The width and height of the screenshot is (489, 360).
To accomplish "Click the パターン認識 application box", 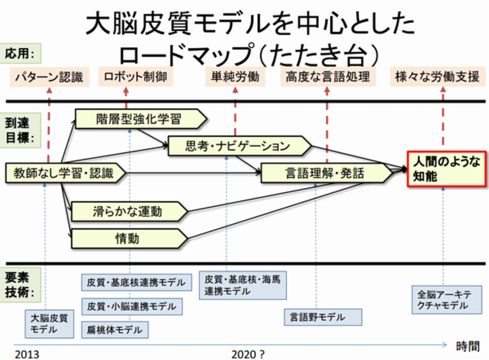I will tap(49, 77).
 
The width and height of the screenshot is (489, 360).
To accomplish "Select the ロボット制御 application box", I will tap(135, 77).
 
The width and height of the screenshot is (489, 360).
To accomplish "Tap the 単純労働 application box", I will tap(235, 77).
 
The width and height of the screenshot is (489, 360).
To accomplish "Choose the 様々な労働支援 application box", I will tap(437, 77).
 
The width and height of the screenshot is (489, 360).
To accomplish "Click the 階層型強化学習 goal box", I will tap(139, 119).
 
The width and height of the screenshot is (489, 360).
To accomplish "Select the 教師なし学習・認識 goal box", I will tap(64, 173).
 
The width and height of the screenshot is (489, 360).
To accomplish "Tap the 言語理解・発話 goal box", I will tap(325, 173).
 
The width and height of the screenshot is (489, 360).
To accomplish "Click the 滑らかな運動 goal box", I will tap(128, 212).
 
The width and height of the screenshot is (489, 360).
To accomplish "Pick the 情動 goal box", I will tap(128, 239).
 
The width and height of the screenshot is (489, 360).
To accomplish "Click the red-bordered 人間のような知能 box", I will tap(446, 169).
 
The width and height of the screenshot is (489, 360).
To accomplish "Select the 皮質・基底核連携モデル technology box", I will tap(136, 282).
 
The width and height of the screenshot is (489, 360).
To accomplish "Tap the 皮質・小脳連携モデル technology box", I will tap(132, 307).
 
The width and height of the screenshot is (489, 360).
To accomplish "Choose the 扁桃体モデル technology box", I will tap(115, 330).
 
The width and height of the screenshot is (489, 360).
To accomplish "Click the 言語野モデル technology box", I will tap(323, 317).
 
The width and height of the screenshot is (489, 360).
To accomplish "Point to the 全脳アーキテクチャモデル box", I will tap(446, 299).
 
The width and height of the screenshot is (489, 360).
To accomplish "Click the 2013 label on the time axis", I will tap(27, 354).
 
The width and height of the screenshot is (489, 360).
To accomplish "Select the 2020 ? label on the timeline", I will tap(248, 354).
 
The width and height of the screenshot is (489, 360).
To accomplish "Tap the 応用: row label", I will tap(20, 53).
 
